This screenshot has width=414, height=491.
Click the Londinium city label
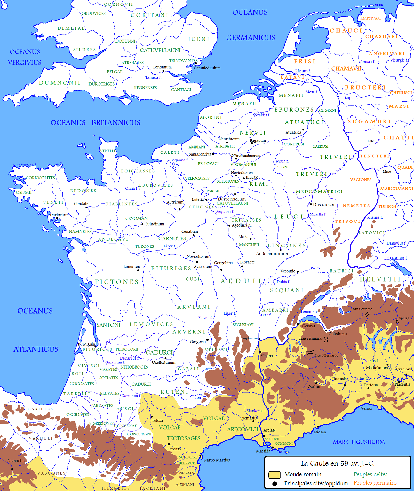pyautogui.click(x=162, y=67)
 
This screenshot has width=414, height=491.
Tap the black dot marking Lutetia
pyautogui.click(x=206, y=200)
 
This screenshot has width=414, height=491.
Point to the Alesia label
pyautogui.click(x=243, y=237)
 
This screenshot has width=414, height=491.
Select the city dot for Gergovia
pyautogui.click(x=207, y=340)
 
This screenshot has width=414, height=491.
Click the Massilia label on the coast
pyautogui.click(x=263, y=451)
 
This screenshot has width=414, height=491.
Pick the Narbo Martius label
pyautogui.click(x=217, y=460)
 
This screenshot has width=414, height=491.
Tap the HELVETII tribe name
pyautogui.click(x=380, y=279)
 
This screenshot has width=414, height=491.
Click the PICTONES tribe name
pyautogui.click(x=117, y=282)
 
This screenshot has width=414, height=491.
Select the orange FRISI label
pyautogui.click(x=305, y=61)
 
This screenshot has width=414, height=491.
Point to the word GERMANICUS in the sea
pyautogui.click(x=251, y=38)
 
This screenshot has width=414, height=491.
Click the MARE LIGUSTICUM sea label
pyautogui.click(x=359, y=442)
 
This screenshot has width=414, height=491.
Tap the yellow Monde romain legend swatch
pyautogui.click(x=274, y=474)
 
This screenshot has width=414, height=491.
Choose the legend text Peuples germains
pyautogui.click(x=375, y=483)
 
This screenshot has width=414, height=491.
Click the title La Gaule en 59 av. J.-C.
pyautogui.click(x=338, y=464)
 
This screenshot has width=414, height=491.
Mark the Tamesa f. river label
pyautogui.click(x=153, y=77)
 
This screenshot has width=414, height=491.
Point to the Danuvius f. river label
pyautogui.click(x=396, y=243)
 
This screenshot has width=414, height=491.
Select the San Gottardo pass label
pyautogui.click(x=362, y=309)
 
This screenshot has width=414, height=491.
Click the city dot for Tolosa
pyautogui.click(x=152, y=417)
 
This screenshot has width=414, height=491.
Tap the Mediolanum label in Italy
pyautogui.click(x=377, y=368)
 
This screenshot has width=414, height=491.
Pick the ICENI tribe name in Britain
pyautogui.click(x=198, y=39)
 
